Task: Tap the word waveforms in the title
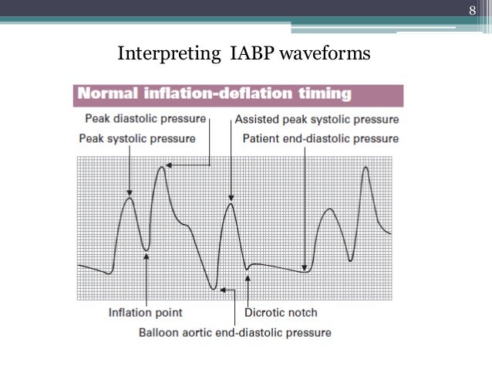[325, 54]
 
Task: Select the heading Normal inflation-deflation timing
[213, 95]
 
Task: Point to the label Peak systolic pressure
[136, 138]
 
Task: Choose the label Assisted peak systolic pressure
[316, 120]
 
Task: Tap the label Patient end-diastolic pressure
[320, 138]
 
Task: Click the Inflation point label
[145, 313]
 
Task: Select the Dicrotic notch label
[280, 313]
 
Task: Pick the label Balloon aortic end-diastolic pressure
[234, 333]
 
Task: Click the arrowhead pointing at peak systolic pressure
[130, 192]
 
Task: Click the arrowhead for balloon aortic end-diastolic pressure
[222, 290]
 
